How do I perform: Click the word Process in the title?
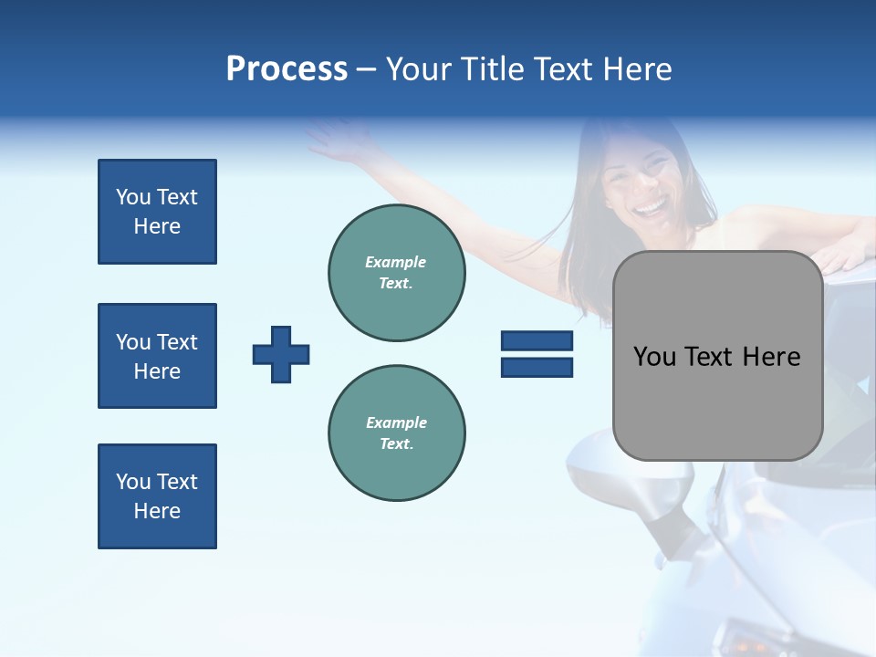287,69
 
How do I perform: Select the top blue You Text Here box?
157,212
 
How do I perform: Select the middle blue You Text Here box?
157,356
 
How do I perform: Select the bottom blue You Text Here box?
157,496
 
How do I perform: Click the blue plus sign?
281,354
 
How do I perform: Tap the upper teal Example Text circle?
397,273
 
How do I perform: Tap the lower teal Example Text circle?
397,433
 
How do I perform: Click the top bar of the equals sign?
537,341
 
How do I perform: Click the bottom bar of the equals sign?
537,367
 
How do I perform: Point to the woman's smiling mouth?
651,209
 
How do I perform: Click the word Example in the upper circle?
396,262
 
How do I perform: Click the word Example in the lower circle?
396,422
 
